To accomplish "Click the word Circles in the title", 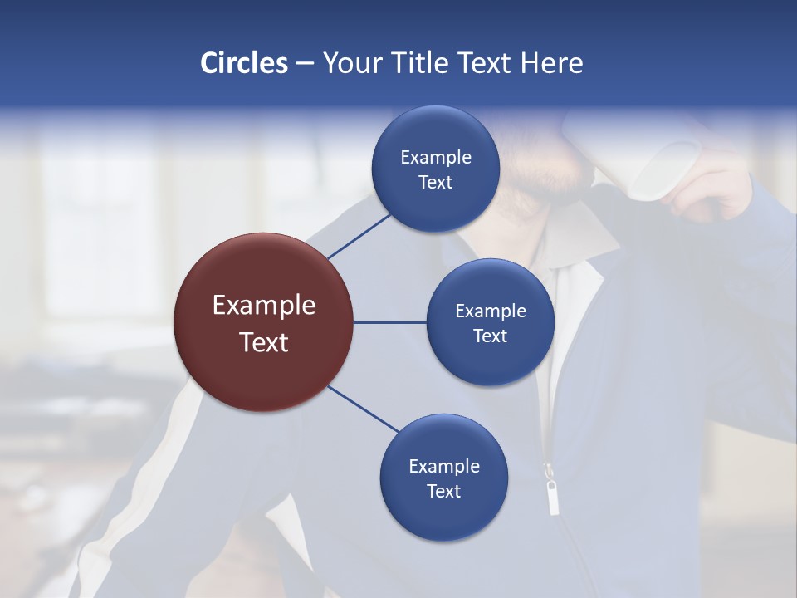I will [x=243, y=63].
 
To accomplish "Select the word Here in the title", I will [x=551, y=63].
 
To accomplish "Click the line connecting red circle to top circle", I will [x=359, y=236].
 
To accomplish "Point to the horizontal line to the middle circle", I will [x=389, y=322].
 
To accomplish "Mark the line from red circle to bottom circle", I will [x=363, y=409].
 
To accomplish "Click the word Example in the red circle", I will [x=263, y=306].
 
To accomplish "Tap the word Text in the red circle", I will [x=263, y=342].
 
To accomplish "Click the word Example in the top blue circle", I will [x=435, y=158].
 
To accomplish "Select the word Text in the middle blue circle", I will [x=490, y=336].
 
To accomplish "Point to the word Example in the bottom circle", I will [x=443, y=466].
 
